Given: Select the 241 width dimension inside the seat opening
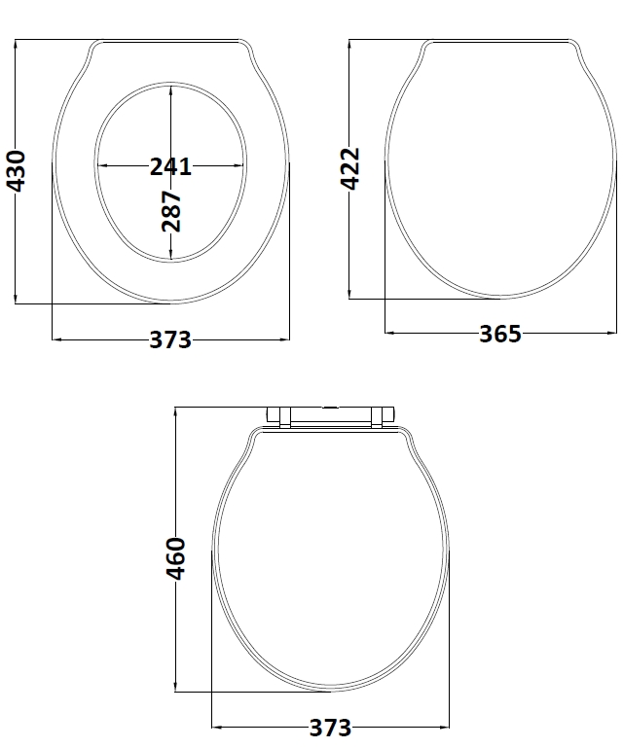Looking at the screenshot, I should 170,166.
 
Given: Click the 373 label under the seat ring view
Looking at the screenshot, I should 170,340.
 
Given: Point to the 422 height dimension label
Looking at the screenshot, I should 350,167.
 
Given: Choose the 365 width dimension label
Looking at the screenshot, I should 500,335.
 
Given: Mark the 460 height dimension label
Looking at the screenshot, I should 175,557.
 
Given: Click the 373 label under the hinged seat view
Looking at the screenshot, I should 330,728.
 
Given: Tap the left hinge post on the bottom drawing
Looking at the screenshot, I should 278,416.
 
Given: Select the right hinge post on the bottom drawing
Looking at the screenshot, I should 383,416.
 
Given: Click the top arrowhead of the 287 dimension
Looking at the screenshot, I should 171,89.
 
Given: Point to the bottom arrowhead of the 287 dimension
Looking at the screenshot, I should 171,257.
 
